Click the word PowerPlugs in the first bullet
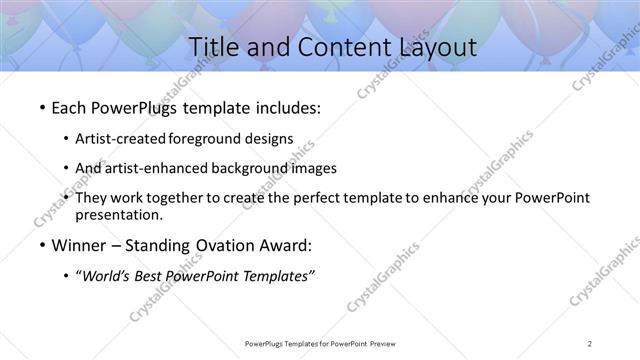[x=135, y=106]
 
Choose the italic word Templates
[x=276, y=276]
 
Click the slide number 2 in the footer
[x=591, y=343]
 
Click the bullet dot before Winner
[x=39, y=246]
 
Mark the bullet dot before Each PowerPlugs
[x=39, y=107]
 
